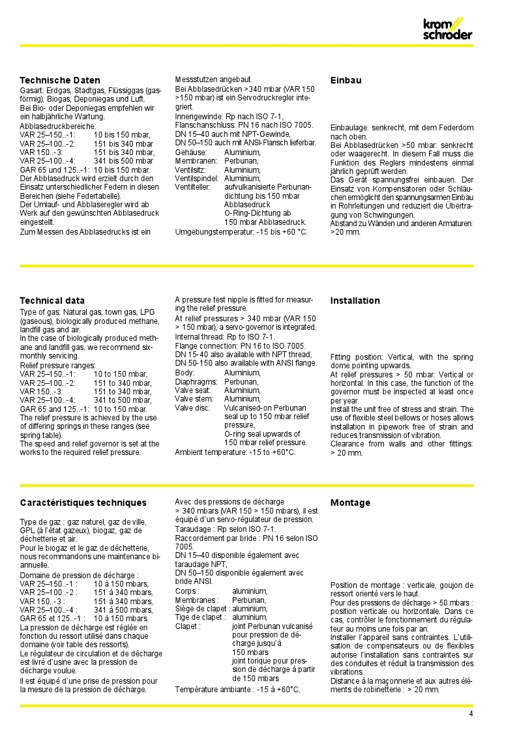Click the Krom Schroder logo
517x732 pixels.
pyautogui.click(x=447, y=29)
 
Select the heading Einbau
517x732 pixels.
pyautogui.click(x=346, y=80)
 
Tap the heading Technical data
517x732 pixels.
pyautogui.click(x=52, y=300)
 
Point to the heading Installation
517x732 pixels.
pyautogui.click(x=355, y=300)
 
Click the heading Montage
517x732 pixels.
pyautogui.click(x=350, y=503)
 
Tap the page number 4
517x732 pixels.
pyautogui.click(x=471, y=714)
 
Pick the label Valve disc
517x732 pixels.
pyautogui.click(x=192, y=408)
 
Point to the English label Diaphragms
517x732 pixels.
pyautogui.click(x=196, y=381)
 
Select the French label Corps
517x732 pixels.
pyautogui.click(x=186, y=591)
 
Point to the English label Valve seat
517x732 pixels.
pyautogui.click(x=194, y=390)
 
